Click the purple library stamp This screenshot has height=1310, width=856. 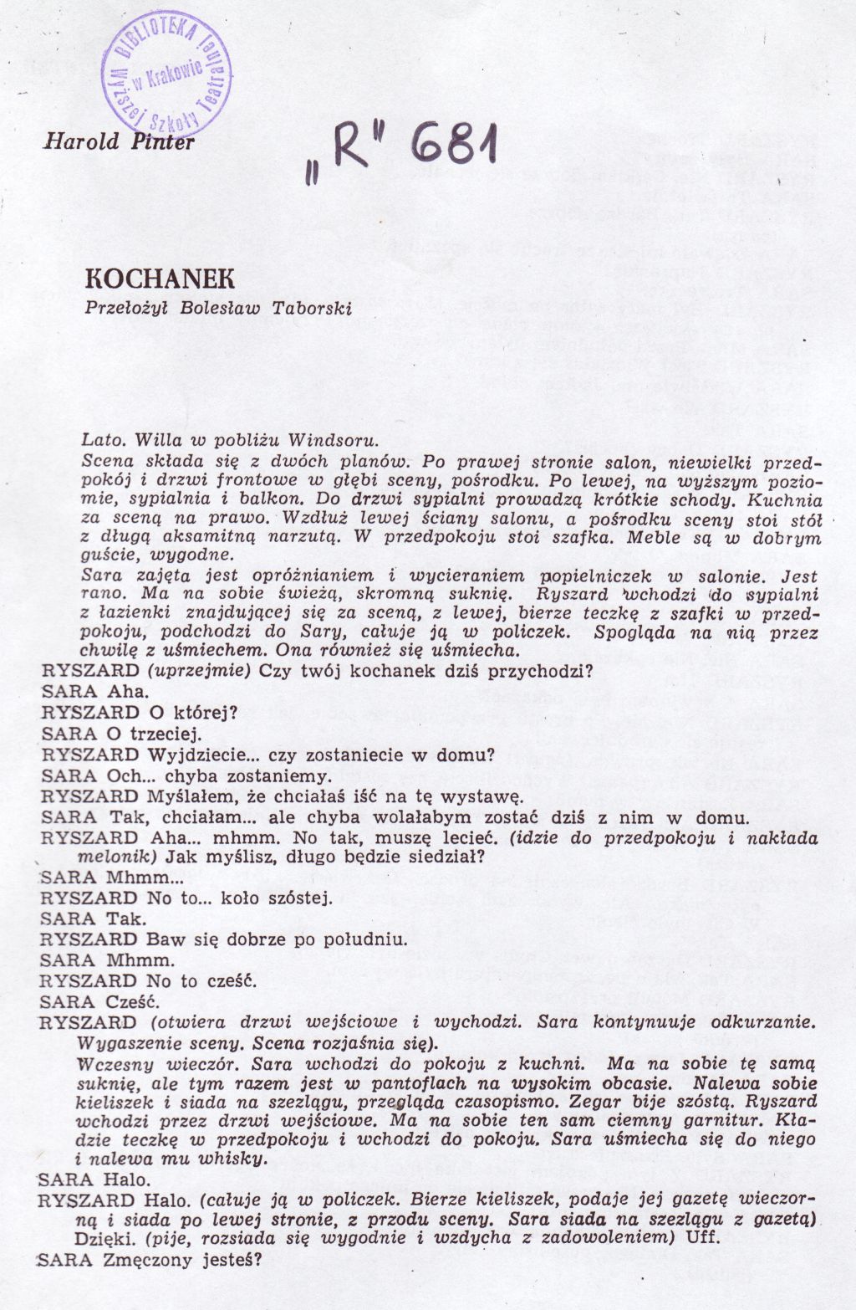[166, 73]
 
